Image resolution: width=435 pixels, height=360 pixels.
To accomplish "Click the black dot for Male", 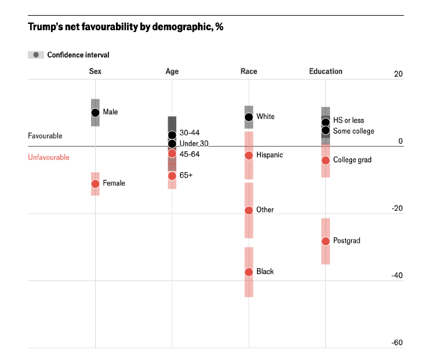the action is (95, 113).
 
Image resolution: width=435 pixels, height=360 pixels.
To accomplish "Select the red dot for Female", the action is (95, 183).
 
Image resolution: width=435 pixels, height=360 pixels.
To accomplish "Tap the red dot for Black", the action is (249, 272).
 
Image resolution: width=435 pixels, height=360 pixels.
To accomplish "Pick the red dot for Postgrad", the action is (326, 241).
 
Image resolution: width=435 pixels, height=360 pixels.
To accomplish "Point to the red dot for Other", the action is (249, 210).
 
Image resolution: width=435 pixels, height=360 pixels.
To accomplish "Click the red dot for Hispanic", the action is (249, 156).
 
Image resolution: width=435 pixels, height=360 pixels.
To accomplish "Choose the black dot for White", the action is (249, 117).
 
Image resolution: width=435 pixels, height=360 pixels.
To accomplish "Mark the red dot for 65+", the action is (172, 176).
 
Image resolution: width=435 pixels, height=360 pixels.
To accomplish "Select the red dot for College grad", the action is (326, 160).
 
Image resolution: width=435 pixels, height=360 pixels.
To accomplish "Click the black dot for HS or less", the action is (326, 122).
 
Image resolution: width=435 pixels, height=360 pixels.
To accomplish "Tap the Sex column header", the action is (95, 71).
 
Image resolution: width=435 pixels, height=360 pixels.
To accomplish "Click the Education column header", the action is (326, 71).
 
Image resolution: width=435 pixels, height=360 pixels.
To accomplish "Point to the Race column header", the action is (249, 71).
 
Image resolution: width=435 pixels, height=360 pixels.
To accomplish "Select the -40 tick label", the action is (397, 275).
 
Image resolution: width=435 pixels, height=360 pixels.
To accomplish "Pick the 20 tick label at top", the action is (398, 74).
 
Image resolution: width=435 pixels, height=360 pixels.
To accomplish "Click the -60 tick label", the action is (397, 343).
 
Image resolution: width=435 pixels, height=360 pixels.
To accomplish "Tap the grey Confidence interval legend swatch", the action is (36, 55).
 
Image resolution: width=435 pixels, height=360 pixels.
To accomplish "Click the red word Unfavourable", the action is (49, 157).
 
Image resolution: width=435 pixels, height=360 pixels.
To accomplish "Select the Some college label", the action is (353, 131).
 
